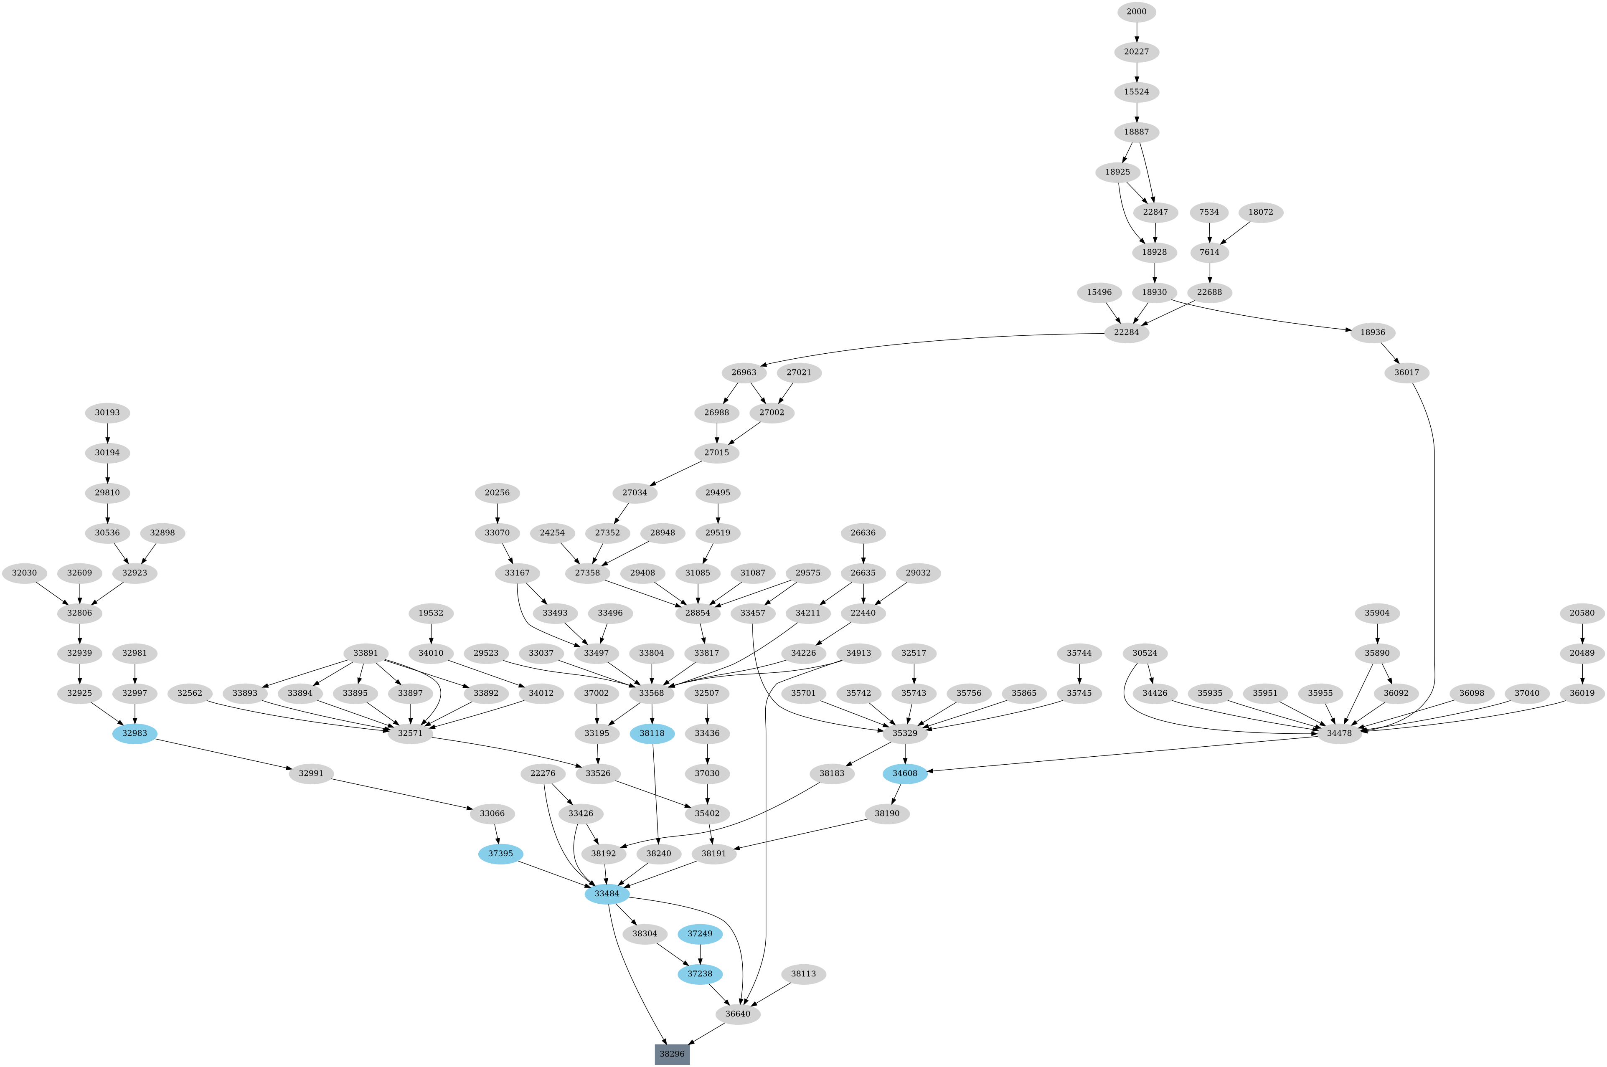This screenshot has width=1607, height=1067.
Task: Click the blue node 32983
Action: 135,734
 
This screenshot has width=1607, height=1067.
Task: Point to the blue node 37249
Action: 700,934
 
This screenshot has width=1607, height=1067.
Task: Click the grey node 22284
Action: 1127,333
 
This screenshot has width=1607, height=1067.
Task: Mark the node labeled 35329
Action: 904,734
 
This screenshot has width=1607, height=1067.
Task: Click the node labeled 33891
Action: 366,653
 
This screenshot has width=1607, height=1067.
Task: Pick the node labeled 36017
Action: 1406,373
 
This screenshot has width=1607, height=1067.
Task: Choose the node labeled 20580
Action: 1582,613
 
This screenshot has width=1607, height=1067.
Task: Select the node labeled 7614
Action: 1209,253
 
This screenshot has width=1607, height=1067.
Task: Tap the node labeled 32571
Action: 410,734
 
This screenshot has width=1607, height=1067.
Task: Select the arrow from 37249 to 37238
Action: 700,953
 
